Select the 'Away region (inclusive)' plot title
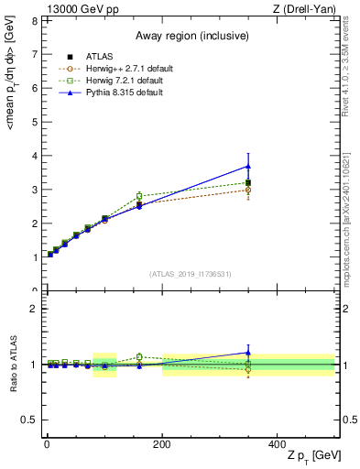188,36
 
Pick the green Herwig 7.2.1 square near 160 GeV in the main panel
139,196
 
